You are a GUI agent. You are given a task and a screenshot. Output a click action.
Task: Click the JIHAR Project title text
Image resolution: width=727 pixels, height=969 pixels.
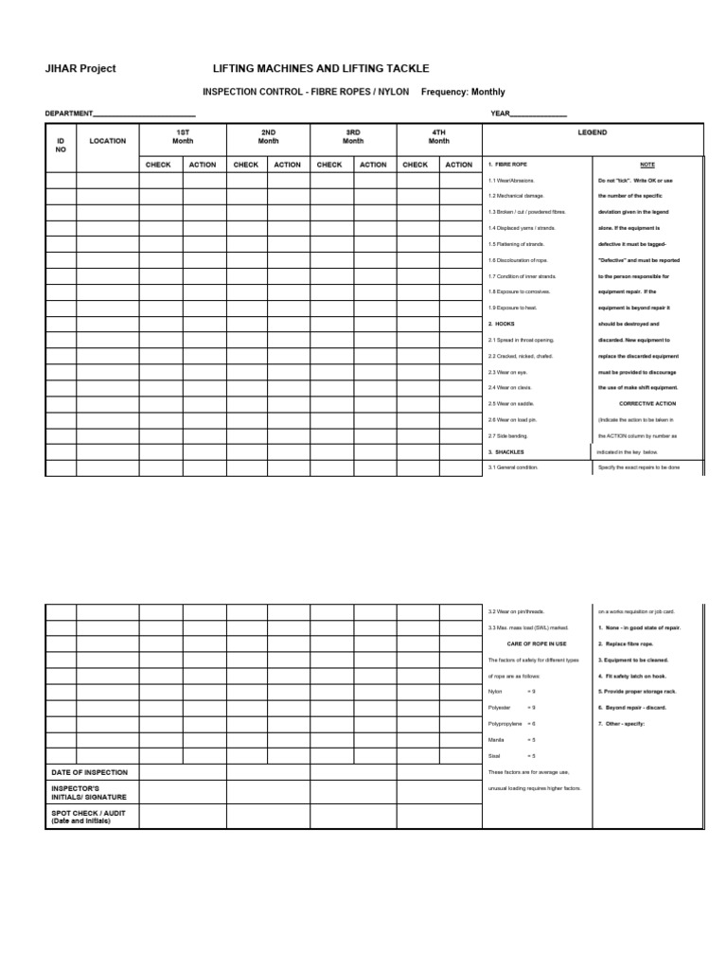tap(80, 69)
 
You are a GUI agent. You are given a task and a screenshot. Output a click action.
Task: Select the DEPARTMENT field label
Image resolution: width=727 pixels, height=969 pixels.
tap(69, 114)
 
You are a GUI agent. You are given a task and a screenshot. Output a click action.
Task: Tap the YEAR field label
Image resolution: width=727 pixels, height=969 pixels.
tap(500, 114)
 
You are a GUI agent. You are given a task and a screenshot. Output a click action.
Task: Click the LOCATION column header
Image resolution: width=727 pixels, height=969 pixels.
tap(107, 141)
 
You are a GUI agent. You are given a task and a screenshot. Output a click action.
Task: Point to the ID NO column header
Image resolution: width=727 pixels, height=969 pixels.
tap(61, 145)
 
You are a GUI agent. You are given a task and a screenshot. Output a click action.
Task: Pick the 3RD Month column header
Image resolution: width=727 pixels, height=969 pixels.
tap(353, 136)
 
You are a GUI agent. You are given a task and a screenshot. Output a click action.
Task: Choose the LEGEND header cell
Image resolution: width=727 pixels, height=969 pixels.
tap(593, 133)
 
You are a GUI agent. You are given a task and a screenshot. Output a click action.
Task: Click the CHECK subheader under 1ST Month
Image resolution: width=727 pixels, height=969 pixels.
tap(158, 165)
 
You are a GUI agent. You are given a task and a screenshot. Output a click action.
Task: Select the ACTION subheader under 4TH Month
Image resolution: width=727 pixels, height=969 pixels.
tap(459, 165)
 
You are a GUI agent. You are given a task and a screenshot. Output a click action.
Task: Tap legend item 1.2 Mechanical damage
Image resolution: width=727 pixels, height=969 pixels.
tap(516, 196)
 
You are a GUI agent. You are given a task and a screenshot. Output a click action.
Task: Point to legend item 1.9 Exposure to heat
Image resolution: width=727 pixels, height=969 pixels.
tap(513, 308)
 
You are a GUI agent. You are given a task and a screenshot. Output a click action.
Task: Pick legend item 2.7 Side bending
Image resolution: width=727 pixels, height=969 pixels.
tap(508, 436)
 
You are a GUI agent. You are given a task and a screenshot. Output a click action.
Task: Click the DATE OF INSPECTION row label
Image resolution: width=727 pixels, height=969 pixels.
tap(89, 772)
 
